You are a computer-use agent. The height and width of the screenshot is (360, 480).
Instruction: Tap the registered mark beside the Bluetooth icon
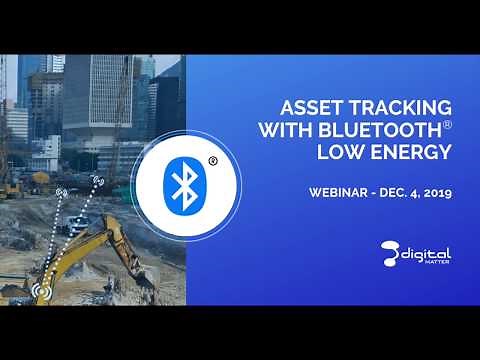point(212,159)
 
